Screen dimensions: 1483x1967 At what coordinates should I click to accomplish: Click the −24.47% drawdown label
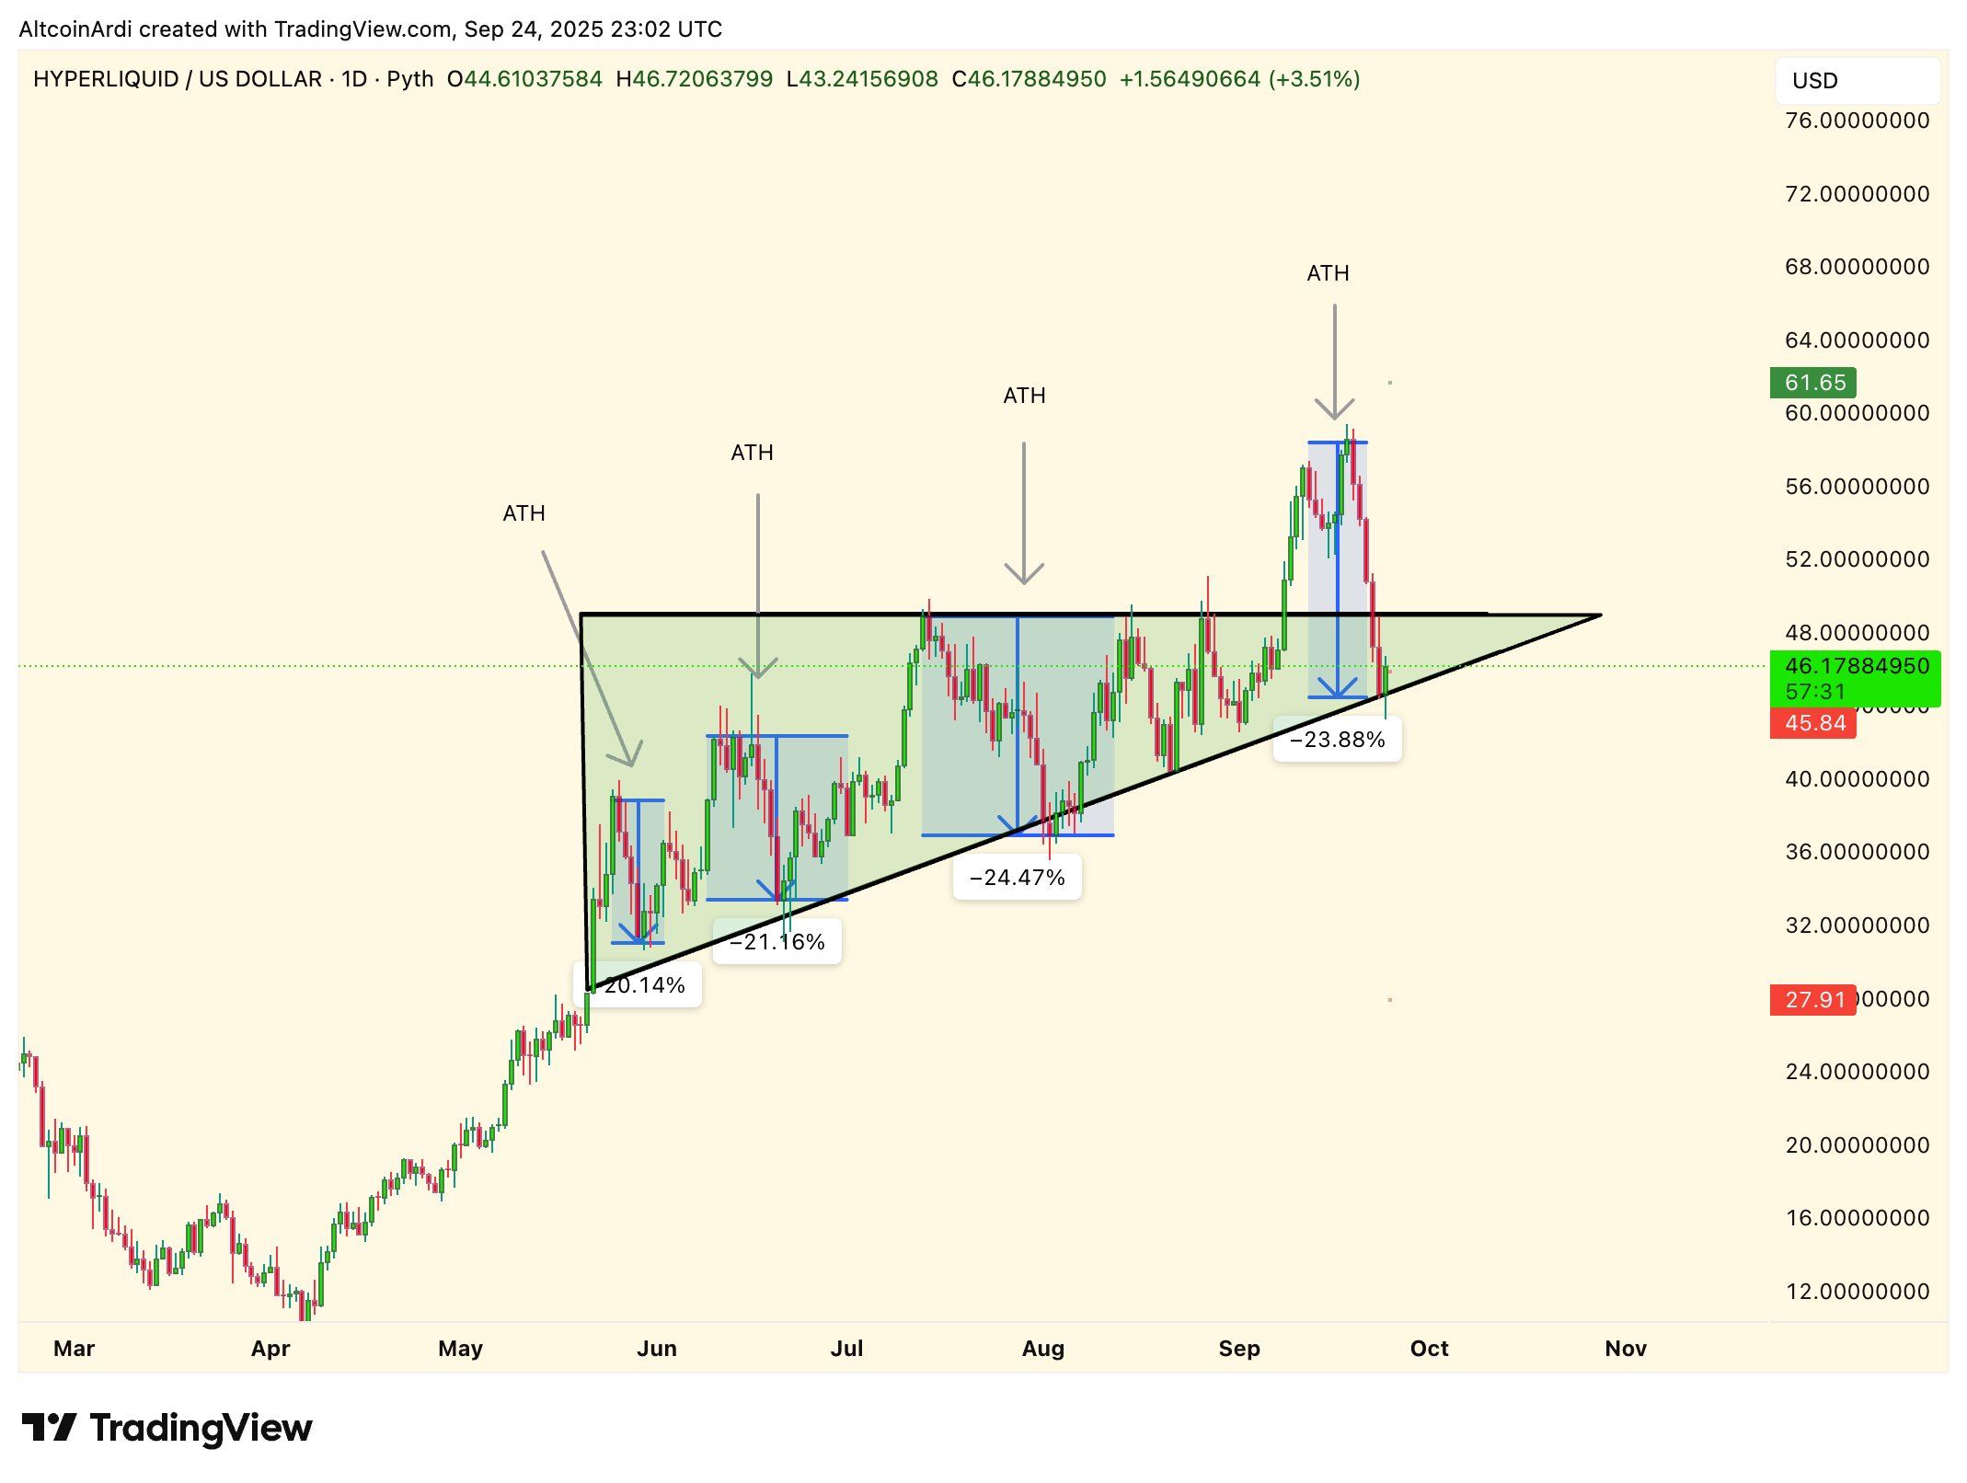1017,878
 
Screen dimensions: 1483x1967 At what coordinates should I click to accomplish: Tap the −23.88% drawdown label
1337,740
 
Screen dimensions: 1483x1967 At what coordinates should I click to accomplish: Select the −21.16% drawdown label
776,942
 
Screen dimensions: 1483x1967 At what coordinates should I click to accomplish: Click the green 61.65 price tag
1813,383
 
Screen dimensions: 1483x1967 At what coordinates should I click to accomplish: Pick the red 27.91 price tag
1813,1000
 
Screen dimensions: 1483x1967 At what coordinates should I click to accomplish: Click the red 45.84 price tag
1813,723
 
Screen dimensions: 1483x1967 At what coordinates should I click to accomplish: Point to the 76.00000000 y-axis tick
1857,121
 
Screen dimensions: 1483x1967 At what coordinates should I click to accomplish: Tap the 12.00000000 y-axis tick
1857,1292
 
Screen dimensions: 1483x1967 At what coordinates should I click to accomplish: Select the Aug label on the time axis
1042,1349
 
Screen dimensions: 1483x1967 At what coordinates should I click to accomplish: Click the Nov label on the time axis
1625,1349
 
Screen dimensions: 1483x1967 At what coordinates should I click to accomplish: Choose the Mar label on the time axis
74,1349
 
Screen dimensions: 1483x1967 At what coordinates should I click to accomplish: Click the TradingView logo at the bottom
167,1428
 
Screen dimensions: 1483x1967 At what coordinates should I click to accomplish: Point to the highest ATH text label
1328,273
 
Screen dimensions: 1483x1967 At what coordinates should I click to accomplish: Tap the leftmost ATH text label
523,513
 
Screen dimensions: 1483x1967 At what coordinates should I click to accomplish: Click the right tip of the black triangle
1601,615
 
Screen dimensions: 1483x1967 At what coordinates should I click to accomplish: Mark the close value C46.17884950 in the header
1029,79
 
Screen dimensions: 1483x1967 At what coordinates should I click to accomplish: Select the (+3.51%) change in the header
1314,79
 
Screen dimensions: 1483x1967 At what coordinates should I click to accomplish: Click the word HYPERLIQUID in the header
106,79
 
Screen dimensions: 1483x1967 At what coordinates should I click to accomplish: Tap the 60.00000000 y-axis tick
1857,413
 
